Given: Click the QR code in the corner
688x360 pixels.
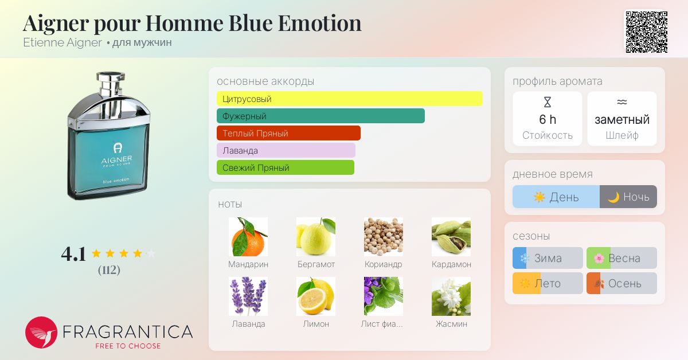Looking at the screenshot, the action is click(x=647, y=32).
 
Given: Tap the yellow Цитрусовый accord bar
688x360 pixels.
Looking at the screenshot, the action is click(x=350, y=99).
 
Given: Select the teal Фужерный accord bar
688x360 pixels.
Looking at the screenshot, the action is click(x=320, y=116).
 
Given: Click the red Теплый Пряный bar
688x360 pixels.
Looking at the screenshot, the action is click(x=288, y=133).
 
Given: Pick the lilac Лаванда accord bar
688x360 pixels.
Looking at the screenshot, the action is click(x=286, y=150).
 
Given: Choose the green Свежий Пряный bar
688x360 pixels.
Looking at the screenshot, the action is click(x=286, y=167).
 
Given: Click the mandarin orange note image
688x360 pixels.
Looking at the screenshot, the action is click(x=248, y=237).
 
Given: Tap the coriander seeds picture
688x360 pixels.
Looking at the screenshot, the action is click(x=384, y=237).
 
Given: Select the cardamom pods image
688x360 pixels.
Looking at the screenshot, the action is click(x=451, y=237).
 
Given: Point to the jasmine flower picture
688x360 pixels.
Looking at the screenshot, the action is click(x=451, y=296).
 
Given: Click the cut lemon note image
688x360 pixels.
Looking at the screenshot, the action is click(x=316, y=296).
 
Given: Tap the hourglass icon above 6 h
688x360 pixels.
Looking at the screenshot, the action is click(x=548, y=102).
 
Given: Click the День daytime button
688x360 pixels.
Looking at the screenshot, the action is click(x=556, y=197).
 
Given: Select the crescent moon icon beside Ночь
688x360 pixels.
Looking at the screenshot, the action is click(x=613, y=197).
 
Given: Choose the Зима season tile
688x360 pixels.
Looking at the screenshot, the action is click(x=548, y=258).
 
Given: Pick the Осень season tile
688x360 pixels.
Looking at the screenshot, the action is click(x=621, y=283).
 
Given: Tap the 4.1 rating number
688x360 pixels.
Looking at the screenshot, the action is click(x=73, y=254).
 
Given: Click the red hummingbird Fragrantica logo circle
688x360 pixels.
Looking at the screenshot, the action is click(x=41, y=332).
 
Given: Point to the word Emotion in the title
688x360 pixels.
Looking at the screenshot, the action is click(x=320, y=24).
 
